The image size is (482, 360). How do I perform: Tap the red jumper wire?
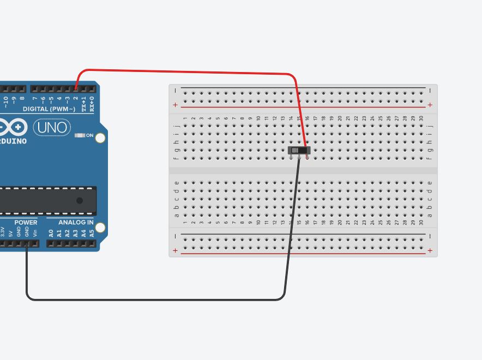tap(191, 71)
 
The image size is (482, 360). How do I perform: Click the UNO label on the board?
tap(52, 128)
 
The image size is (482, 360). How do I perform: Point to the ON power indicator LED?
tap(80, 135)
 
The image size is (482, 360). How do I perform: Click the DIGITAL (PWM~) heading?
tap(49, 109)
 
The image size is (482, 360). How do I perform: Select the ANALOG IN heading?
tap(76, 223)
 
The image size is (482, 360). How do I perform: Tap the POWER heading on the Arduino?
tap(26, 223)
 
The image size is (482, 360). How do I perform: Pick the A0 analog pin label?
tap(51, 233)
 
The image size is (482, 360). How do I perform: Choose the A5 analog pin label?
tap(92, 233)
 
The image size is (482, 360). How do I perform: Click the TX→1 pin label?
tap(83, 104)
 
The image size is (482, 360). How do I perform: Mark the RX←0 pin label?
tap(92, 104)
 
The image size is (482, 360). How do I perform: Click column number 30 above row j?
tap(421, 118)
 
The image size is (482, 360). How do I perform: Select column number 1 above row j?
tap(185, 118)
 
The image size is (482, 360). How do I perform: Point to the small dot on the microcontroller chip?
tap(80, 201)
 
